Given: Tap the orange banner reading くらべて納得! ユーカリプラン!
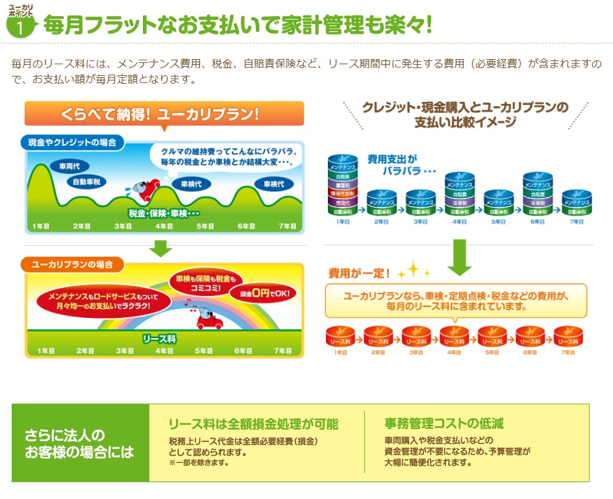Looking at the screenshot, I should click(164, 114).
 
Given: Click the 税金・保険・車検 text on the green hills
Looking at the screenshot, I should click(164, 213).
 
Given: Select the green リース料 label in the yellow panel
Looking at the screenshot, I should click(160, 339).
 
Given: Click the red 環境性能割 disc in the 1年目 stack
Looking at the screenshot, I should click(343, 193).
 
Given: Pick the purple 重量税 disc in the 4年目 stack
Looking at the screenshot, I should click(459, 202).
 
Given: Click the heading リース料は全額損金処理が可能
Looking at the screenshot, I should click(253, 424).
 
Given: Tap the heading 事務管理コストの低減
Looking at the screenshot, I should click(444, 424).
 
